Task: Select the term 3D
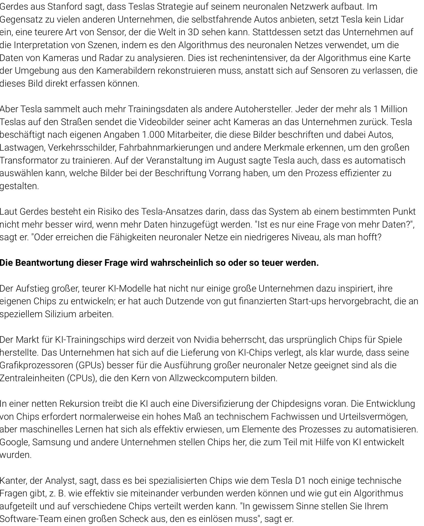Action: point(193,32)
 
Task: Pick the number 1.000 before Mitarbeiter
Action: point(152,135)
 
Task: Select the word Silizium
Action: point(60,314)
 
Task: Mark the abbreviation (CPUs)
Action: point(82,378)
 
